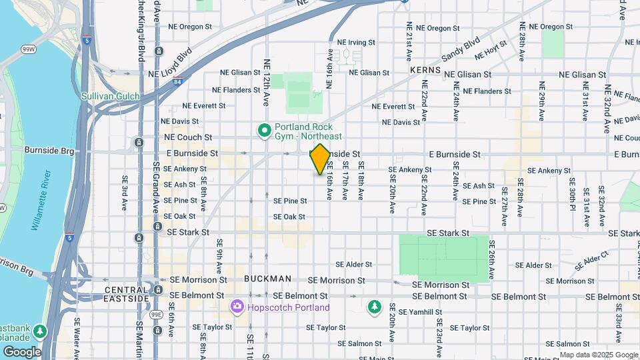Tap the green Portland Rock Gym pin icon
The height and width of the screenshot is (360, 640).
264,129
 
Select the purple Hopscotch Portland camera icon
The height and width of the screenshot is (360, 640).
236,307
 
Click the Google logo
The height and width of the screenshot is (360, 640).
21,351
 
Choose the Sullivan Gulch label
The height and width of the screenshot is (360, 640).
111,96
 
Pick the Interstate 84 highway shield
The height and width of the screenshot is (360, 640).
177,82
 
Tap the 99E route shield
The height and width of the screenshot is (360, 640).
156,314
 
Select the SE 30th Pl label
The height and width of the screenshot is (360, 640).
572,198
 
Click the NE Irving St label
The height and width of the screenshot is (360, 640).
358,41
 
